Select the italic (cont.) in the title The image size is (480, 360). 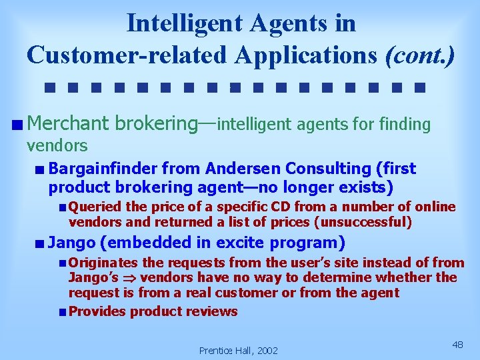[421, 54]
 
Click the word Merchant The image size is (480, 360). [69, 123]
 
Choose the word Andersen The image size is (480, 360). [232, 169]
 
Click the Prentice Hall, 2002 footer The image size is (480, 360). [238, 350]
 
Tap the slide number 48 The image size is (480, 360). [457, 344]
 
